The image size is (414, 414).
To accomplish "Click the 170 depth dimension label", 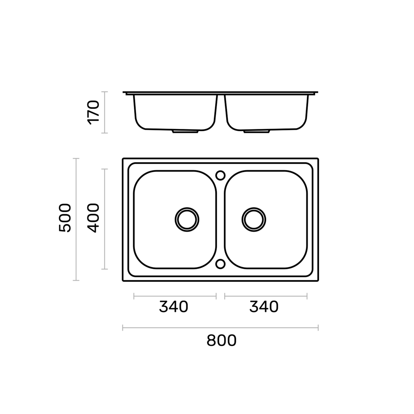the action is tap(93, 113).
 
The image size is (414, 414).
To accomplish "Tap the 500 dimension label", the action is tap(65, 218).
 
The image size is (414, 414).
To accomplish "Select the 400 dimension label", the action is tap(93, 218).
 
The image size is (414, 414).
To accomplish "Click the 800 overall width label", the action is tap(222, 341).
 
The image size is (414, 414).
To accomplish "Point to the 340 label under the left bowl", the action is tap(174, 307).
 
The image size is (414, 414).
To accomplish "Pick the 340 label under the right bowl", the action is tap(264, 307).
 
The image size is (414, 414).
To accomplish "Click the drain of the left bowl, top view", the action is tap(187, 220).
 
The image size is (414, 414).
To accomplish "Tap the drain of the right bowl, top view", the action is tap(254, 220).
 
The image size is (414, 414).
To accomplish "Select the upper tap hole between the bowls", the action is tap(221, 175).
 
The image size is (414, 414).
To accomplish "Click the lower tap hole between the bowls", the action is tap(221, 264).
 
